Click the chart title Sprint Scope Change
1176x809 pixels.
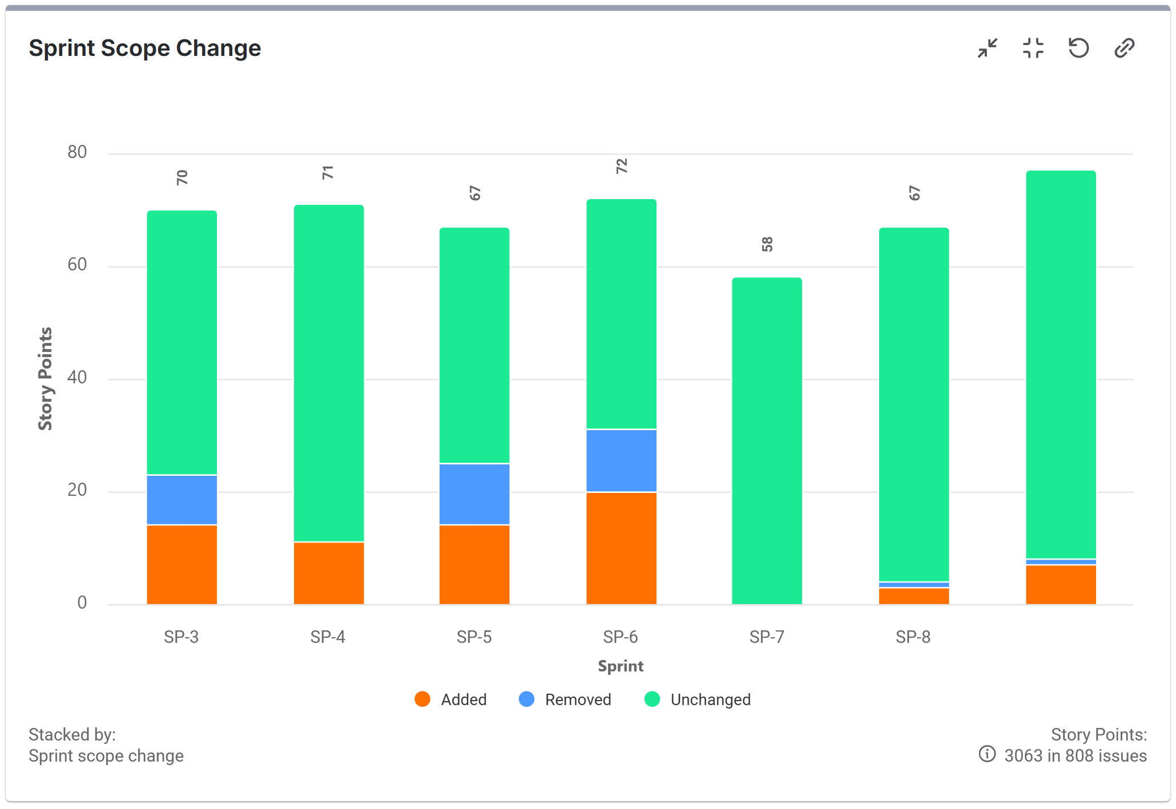(x=144, y=48)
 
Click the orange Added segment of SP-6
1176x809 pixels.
(x=621, y=548)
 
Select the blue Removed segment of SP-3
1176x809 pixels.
(x=182, y=500)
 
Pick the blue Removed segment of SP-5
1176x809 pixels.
(x=474, y=494)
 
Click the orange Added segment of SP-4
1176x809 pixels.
(x=328, y=573)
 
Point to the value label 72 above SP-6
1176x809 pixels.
(x=621, y=166)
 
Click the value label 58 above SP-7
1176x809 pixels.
(x=767, y=244)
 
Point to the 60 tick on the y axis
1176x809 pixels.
(x=77, y=265)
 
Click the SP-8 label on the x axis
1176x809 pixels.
(x=913, y=637)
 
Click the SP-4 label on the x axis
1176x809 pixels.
(x=328, y=637)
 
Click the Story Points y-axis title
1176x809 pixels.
(x=45, y=378)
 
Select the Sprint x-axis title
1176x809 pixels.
(x=621, y=666)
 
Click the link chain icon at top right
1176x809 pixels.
(x=1124, y=48)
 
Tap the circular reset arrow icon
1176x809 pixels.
(x=1078, y=48)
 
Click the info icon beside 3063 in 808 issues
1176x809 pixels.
(x=987, y=754)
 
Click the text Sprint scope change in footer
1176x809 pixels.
(x=106, y=756)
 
